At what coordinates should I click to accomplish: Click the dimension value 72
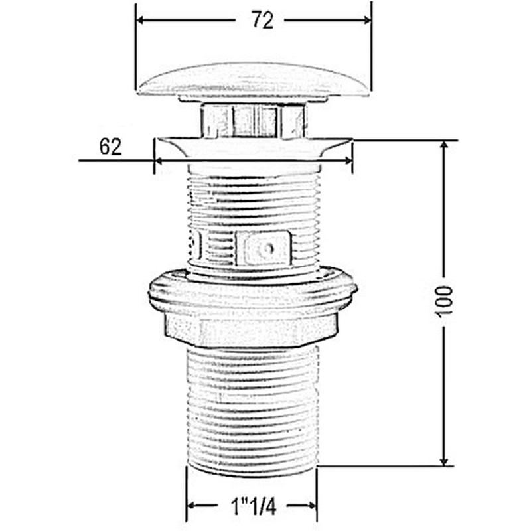click(x=262, y=20)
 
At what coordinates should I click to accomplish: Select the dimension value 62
click(x=110, y=147)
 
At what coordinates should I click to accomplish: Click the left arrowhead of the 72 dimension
click(x=140, y=20)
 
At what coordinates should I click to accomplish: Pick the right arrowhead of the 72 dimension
click(x=367, y=20)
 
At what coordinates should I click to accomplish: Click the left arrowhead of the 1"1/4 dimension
click(x=191, y=506)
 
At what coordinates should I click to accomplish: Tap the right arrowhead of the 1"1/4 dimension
click(x=312, y=506)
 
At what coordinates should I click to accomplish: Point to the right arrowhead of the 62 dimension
click(x=348, y=161)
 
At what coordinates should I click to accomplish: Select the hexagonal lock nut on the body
click(x=251, y=329)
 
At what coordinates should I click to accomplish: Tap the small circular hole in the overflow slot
click(x=269, y=249)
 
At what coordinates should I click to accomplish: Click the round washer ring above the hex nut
click(x=253, y=290)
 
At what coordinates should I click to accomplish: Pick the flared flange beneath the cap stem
click(x=254, y=147)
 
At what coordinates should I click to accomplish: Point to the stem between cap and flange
click(x=254, y=120)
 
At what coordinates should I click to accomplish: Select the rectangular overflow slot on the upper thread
click(x=263, y=248)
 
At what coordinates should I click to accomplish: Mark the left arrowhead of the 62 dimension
click(x=159, y=161)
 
